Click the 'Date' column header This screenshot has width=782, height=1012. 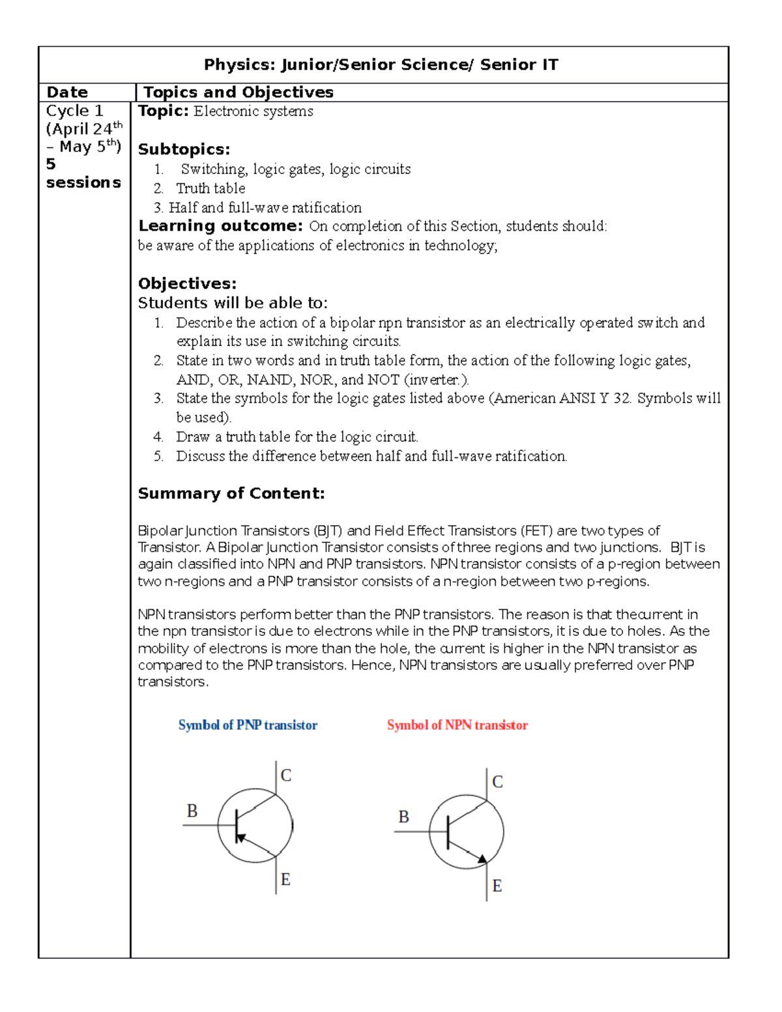[x=66, y=93]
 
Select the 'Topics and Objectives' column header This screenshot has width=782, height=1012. [x=238, y=93]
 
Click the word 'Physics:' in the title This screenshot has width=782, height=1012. [x=239, y=65]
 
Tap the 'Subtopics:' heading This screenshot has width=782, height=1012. [x=184, y=149]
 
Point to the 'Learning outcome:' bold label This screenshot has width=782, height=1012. [x=220, y=226]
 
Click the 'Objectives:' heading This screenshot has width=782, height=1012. [x=187, y=283]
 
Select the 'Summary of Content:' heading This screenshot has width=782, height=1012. [x=231, y=493]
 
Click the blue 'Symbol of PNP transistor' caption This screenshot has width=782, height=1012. [x=248, y=725]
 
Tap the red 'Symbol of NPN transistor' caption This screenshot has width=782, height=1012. [x=457, y=725]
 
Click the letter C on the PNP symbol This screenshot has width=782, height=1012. [x=285, y=775]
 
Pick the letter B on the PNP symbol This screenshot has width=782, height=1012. [x=192, y=811]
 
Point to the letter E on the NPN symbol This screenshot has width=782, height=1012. [x=497, y=886]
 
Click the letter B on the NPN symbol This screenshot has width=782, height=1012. [x=403, y=817]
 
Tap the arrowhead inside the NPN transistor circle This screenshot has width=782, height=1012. [x=482, y=860]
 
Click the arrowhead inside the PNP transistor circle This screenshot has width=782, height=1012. [x=240, y=837]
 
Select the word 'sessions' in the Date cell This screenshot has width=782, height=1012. [x=83, y=182]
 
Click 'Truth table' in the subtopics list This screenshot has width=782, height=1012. [x=210, y=188]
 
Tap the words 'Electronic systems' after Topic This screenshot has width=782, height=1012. [x=253, y=111]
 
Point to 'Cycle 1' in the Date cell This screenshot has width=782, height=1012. [x=74, y=111]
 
